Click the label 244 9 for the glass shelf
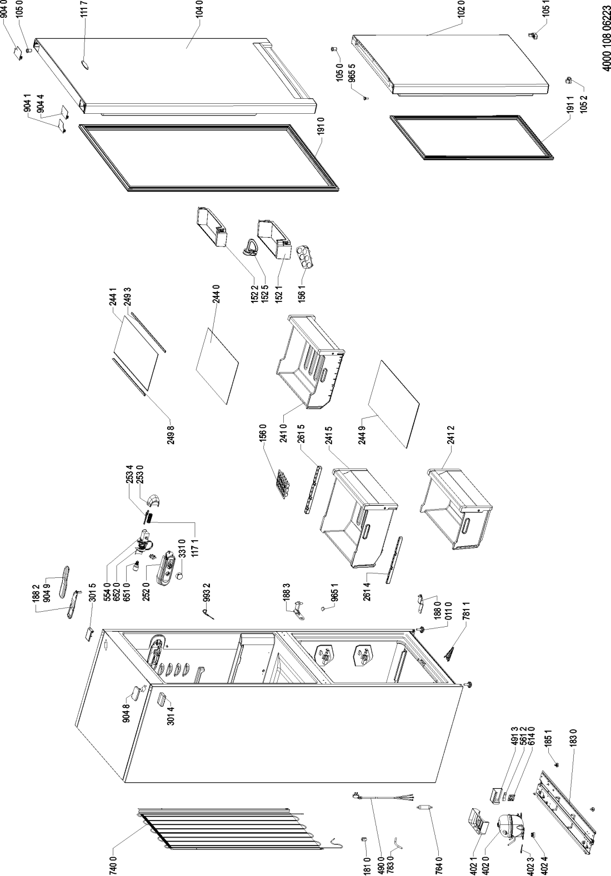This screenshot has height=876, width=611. point(363,432)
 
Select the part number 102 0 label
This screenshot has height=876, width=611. point(462,13)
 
